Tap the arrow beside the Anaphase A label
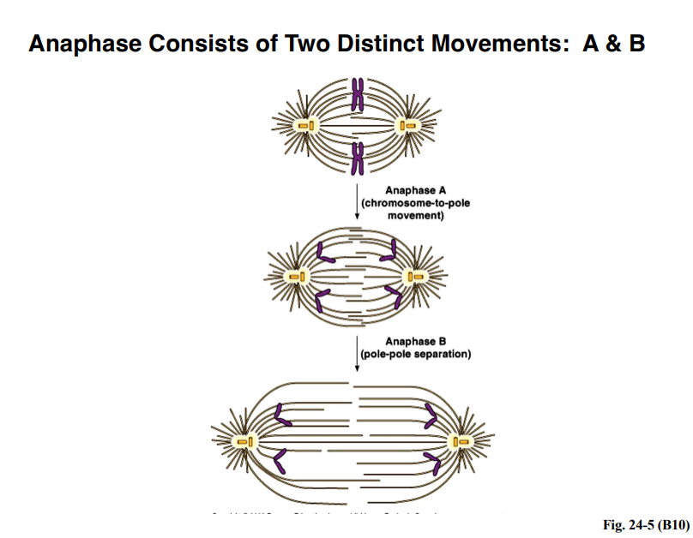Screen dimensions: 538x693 (356, 201)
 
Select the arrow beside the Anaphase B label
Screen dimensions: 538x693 (356, 353)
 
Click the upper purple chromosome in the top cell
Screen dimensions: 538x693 (358, 95)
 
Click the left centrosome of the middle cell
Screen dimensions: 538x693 (298, 277)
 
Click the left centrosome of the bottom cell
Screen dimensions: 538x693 (244, 441)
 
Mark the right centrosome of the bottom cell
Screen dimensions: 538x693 (464, 441)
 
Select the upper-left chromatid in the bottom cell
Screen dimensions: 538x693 (280, 417)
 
